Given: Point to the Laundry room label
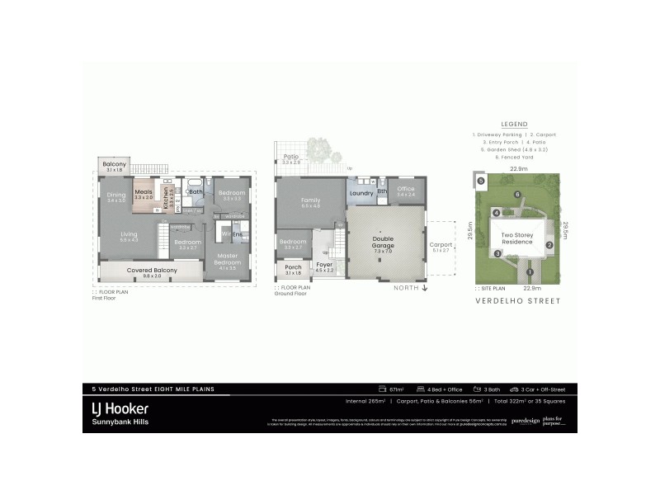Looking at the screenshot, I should [x=361, y=193].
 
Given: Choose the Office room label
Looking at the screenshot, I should [x=406, y=189].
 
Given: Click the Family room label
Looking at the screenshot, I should [x=310, y=200].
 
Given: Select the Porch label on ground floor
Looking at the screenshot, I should [x=293, y=267].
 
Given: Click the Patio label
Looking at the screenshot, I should [x=290, y=156].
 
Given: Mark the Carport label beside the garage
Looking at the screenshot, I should [x=441, y=245].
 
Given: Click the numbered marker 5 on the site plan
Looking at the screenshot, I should [x=479, y=180].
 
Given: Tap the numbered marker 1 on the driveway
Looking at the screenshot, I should [x=530, y=271].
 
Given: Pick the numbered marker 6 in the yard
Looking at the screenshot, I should [x=517, y=194].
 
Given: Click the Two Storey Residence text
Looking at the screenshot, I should [x=517, y=238].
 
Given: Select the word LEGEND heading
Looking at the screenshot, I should [x=514, y=125].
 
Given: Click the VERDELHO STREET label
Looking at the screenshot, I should [x=518, y=301].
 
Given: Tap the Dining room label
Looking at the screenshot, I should [x=115, y=196].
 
